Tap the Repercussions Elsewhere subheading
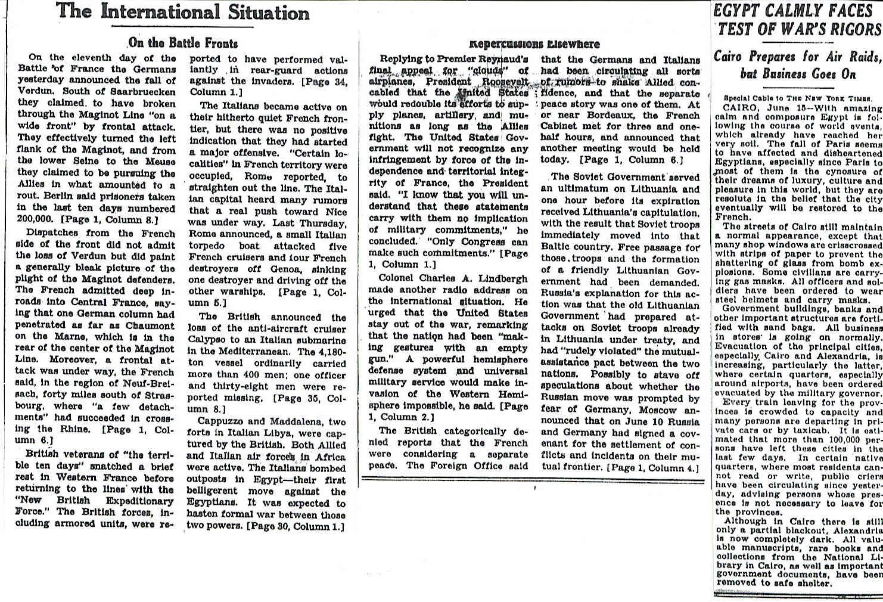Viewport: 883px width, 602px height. [x=534, y=44]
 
